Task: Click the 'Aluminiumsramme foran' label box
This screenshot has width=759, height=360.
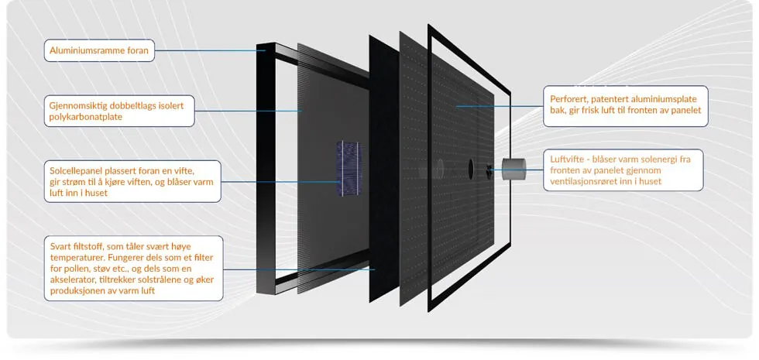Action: pos(99,50)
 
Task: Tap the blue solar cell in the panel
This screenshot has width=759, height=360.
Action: pos(349,169)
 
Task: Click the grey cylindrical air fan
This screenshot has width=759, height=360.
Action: pos(510,170)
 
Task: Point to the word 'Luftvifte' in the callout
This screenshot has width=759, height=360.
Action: pos(566,159)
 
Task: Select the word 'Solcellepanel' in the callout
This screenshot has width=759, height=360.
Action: pos(73,171)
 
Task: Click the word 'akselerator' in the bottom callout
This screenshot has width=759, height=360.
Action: pos(69,280)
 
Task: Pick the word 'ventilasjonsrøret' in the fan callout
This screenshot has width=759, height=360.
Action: pos(580,181)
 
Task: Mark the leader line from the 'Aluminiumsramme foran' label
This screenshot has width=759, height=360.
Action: pos(210,50)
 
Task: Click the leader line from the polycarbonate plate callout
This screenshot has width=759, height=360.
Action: pos(248,111)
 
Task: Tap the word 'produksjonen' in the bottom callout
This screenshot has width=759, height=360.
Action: pos(72,291)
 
